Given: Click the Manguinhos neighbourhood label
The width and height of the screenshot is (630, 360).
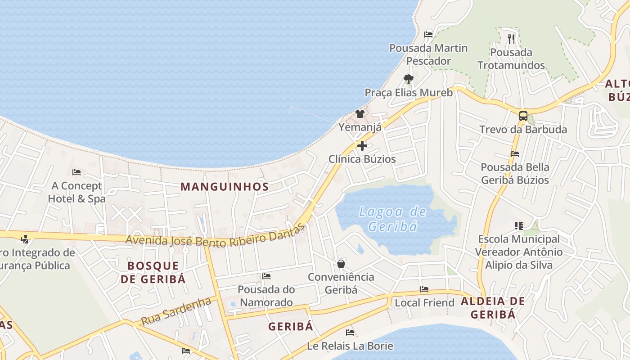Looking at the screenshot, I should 225,186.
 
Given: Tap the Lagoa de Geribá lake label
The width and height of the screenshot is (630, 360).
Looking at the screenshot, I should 392,218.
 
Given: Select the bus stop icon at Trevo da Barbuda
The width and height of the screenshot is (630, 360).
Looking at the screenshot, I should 523,116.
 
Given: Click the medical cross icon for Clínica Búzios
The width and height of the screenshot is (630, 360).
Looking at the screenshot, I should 362,146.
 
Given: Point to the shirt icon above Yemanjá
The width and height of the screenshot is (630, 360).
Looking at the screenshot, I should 360,113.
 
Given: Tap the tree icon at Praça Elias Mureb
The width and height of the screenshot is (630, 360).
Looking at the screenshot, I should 408,79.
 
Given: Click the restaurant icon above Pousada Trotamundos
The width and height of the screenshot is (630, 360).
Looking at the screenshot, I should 511,39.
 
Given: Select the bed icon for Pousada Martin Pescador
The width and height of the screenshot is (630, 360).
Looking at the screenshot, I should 428,34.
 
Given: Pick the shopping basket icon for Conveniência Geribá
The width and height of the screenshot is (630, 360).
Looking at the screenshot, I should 341,263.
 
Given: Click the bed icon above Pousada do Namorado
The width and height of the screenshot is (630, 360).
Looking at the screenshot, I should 266,276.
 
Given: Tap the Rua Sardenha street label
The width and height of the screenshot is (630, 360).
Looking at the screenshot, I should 176,311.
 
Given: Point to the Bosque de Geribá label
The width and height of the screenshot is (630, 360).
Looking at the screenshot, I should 153,272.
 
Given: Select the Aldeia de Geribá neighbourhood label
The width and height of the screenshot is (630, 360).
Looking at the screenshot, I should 493,308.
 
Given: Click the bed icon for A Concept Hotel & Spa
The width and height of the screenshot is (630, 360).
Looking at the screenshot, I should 76,172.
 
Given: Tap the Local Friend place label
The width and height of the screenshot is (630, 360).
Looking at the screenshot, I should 424,303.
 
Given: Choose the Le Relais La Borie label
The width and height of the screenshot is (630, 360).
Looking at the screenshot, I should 350,346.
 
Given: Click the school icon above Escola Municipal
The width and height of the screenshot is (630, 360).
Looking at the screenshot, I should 518,225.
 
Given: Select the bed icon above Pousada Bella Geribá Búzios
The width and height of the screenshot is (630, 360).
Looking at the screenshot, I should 515,153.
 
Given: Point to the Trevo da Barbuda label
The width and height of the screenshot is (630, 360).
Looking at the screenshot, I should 523,130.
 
